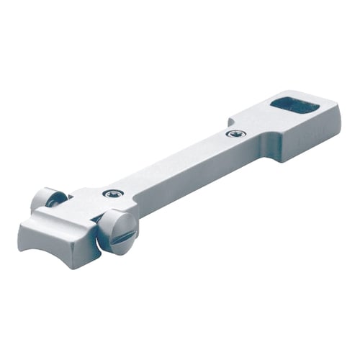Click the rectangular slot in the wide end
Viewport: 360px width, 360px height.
point(294,107)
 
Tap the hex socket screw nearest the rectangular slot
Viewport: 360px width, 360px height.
point(235,133)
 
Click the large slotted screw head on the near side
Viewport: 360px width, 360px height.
point(117,233)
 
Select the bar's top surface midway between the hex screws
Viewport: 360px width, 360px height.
point(173,163)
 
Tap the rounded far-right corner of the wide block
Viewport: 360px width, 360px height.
point(337,108)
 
